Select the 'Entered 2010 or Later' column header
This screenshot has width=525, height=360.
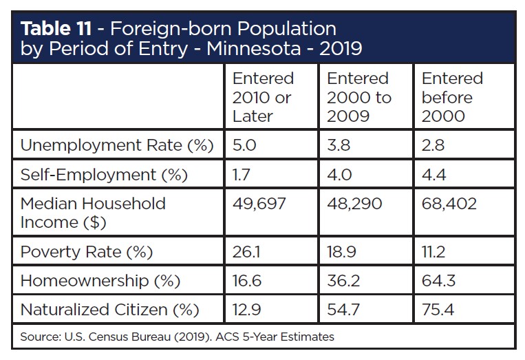[263, 97]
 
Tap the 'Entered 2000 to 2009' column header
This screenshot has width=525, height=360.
[358, 97]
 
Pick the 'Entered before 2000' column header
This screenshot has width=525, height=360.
[452, 97]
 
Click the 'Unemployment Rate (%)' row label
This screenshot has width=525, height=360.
[117, 145]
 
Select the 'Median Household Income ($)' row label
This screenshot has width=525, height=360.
[93, 213]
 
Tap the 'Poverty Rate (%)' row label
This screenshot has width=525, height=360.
[86, 252]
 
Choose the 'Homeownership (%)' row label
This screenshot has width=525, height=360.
[100, 281]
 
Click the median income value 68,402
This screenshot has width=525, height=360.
[449, 204]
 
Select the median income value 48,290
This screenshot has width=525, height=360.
[354, 204]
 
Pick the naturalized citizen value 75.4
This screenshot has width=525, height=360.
[438, 310]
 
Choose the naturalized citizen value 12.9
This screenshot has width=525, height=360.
[246, 310]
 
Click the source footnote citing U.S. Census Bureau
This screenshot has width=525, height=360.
[178, 337]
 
